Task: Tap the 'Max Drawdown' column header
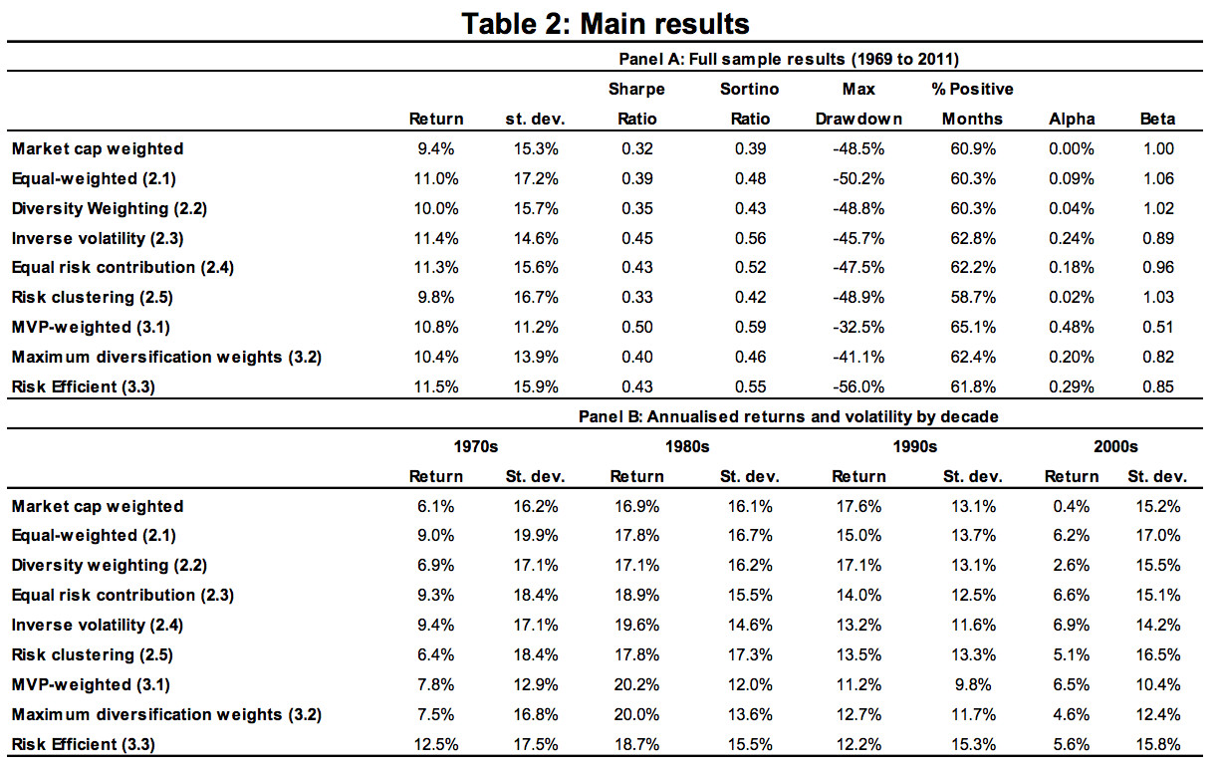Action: point(858,104)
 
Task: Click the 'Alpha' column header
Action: point(1072,119)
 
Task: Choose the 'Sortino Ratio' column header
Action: point(749,104)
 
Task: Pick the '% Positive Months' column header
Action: point(972,104)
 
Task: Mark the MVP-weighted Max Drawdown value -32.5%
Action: point(858,327)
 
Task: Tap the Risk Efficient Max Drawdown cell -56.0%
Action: point(858,386)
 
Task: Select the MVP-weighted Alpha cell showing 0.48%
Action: point(1072,327)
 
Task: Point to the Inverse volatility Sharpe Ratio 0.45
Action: point(636,238)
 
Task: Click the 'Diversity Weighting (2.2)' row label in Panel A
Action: point(109,208)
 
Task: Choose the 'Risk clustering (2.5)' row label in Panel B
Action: point(93,654)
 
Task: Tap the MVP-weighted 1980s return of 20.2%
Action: point(636,684)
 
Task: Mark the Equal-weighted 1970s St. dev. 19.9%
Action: point(535,536)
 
